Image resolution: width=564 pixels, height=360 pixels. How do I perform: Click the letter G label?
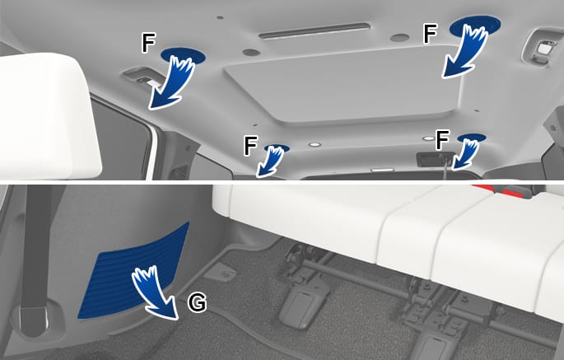[x=197, y=302]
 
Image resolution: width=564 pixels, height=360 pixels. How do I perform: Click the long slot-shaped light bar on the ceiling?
[x=314, y=31]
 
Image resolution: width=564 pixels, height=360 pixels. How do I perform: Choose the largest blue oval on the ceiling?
[x=475, y=26]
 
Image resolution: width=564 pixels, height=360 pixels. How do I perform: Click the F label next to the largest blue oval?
[x=430, y=35]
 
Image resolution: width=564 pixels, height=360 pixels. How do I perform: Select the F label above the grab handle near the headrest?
[x=148, y=44]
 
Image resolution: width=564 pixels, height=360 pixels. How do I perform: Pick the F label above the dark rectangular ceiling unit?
[x=442, y=140]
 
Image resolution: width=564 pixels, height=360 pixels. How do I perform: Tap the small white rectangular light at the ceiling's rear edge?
[x=382, y=169]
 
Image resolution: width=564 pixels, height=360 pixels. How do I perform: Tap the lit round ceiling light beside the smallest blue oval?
[x=315, y=145]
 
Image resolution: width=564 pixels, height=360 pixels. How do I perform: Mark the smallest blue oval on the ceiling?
[x=277, y=148]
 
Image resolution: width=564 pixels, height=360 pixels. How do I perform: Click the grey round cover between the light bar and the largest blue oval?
[x=399, y=37]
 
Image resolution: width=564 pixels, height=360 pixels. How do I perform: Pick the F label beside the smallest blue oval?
[x=250, y=146]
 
